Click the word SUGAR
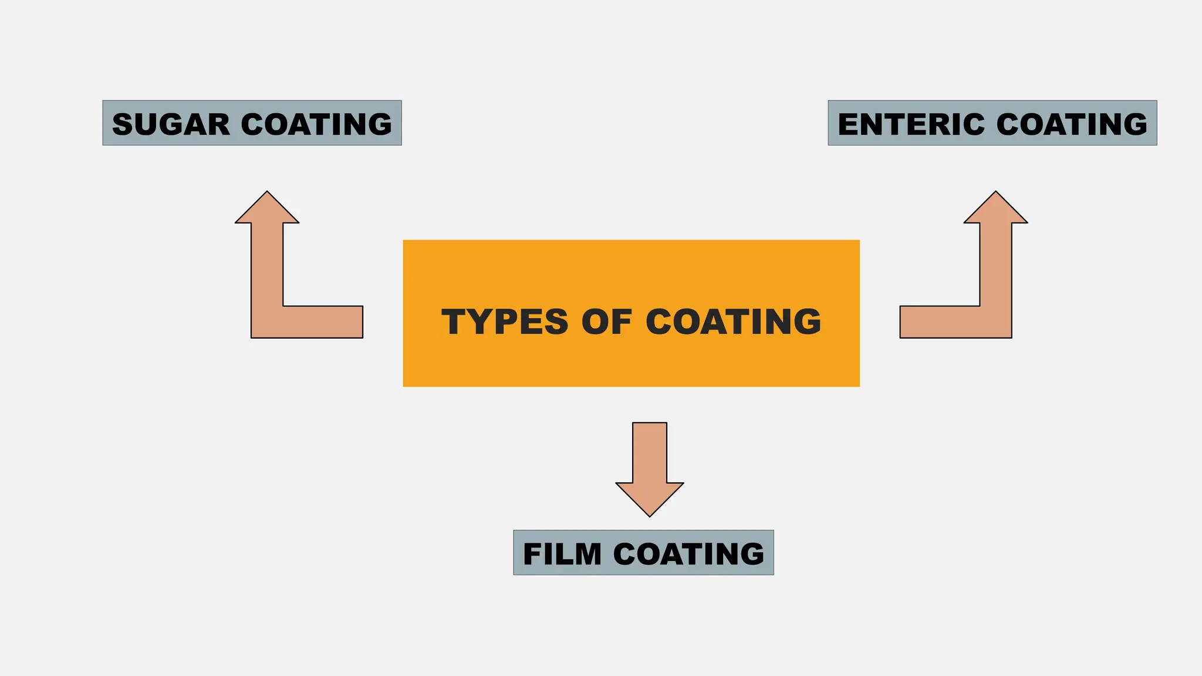171,124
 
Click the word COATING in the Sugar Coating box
316,124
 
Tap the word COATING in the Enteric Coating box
1072,124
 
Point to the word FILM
562,554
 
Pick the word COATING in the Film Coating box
688,554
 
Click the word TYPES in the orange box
505,322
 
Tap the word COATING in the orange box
733,322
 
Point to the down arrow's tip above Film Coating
650,516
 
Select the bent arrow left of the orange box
268,322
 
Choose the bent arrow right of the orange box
995,322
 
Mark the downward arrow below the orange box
650,469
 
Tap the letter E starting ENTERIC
848,124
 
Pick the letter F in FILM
532,555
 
